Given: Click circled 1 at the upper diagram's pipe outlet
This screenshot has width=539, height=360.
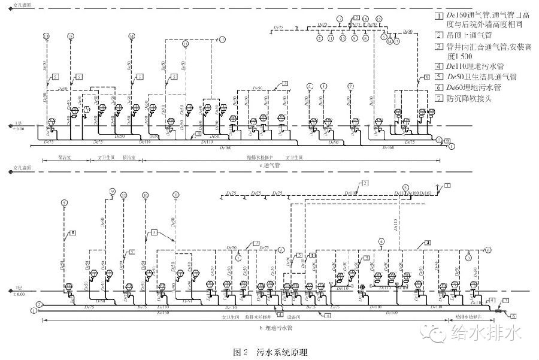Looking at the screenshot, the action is [x=452, y=146].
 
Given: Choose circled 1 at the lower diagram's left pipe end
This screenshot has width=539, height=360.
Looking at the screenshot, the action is [x=34, y=310].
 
